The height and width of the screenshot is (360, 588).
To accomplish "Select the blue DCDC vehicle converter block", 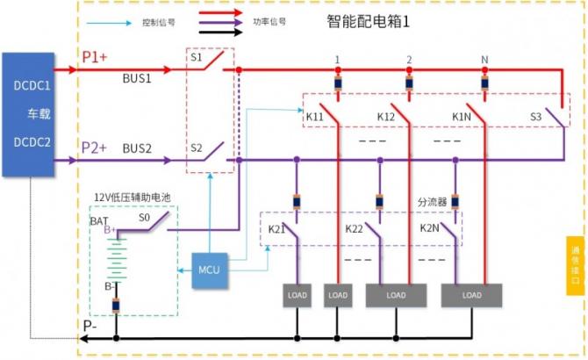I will tap(32, 115).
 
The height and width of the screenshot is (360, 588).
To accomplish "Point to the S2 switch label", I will tap(197, 148).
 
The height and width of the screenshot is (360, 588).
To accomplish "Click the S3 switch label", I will tap(536, 116).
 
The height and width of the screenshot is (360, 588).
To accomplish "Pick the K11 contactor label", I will tap(315, 116).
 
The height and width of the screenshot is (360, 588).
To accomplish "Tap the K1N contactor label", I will tap(463, 116).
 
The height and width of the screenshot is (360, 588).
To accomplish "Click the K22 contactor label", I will tap(355, 228).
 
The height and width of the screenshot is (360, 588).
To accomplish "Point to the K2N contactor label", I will tap(430, 228).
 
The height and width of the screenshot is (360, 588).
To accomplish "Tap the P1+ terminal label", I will tap(95, 56).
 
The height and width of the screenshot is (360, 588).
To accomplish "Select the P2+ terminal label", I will tap(95, 148).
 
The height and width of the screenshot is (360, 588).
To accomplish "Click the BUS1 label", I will tap(137, 78).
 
